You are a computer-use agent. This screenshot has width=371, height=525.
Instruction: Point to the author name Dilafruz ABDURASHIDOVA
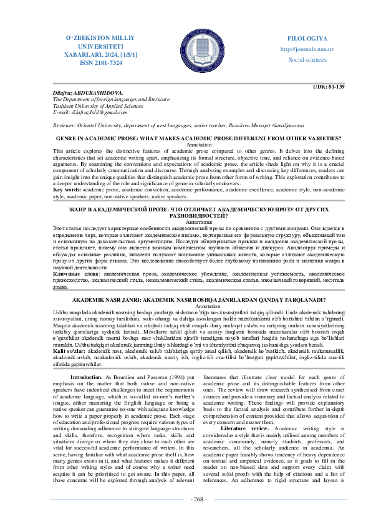81,92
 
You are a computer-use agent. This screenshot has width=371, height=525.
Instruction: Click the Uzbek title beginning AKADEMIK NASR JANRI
185,301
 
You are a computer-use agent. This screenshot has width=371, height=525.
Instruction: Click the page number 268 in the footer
185,518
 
